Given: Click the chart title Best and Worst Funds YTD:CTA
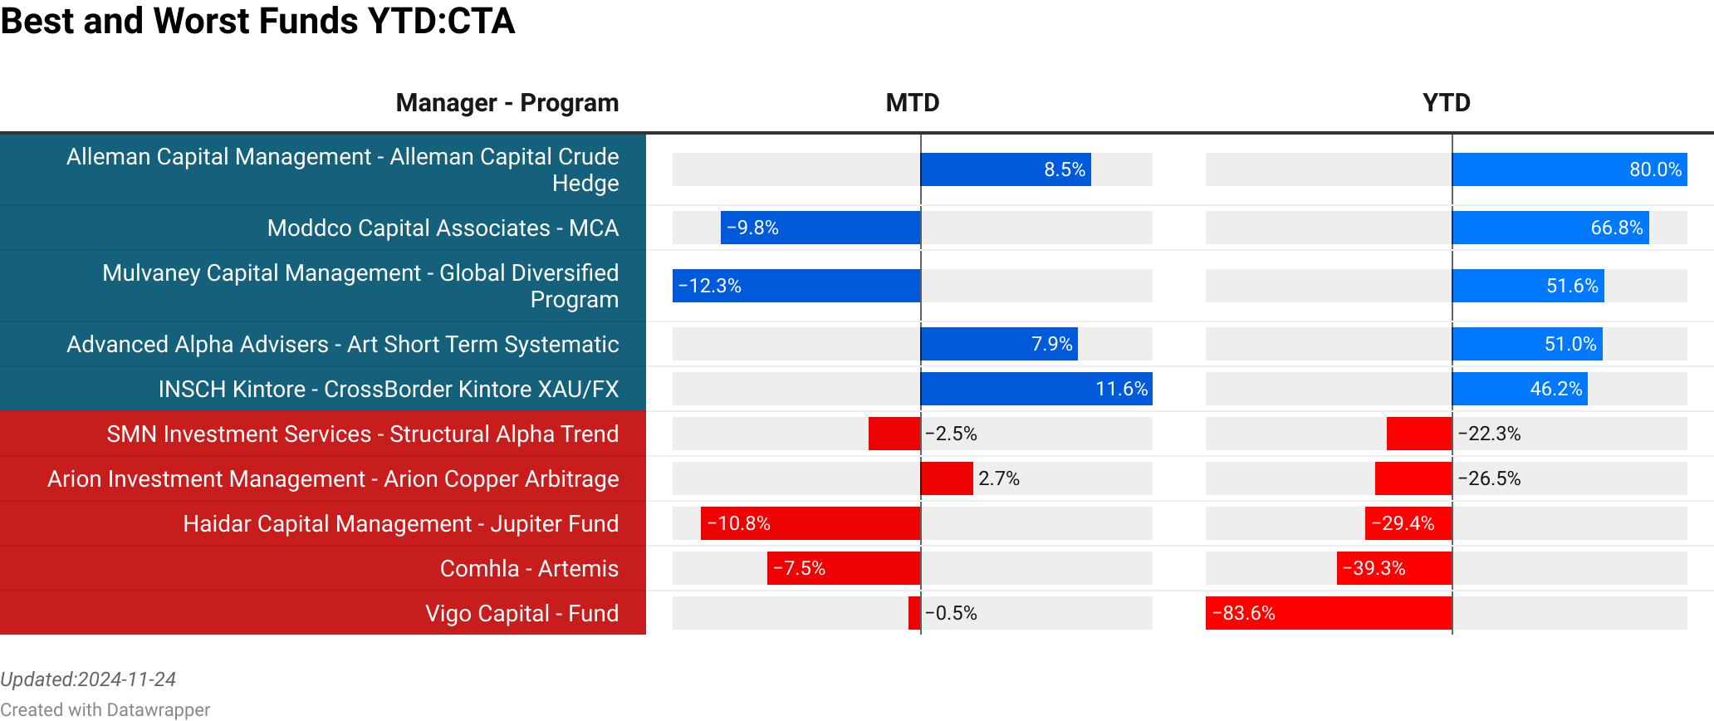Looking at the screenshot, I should (x=257, y=21).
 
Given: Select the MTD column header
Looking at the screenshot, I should (x=912, y=103).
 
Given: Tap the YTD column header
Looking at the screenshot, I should (x=1446, y=103).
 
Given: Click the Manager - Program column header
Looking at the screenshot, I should (x=507, y=103).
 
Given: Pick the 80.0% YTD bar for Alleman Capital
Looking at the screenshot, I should (x=1569, y=169).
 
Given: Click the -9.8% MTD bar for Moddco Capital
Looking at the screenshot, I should (x=820, y=228).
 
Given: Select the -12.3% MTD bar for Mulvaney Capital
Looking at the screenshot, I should (x=796, y=286).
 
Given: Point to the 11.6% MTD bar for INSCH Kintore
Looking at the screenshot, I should (x=1036, y=389).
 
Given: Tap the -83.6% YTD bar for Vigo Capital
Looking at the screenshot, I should (x=1329, y=613).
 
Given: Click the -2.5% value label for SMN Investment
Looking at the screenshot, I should (x=951, y=434).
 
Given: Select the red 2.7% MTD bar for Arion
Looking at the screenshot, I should (x=947, y=478).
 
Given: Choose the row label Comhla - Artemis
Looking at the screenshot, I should (x=529, y=568).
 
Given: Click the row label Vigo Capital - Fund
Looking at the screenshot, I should (x=522, y=613).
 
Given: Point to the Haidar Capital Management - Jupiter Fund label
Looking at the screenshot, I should (x=400, y=523).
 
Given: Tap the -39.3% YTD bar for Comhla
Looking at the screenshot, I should (x=1394, y=568).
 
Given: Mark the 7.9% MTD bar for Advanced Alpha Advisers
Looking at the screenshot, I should (x=999, y=344).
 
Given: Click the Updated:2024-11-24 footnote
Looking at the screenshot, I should (x=88, y=679).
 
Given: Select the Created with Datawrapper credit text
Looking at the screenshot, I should (x=105, y=709).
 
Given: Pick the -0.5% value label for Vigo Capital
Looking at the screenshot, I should (x=951, y=613).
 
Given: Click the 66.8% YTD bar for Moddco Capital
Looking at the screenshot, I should (x=1550, y=228).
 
